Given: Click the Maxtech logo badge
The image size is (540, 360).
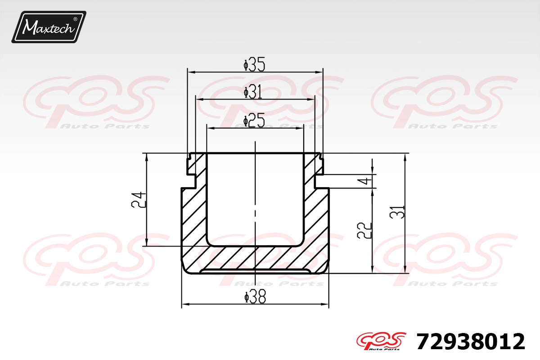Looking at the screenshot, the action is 49,27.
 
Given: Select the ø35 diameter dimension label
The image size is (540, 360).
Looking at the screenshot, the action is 254,65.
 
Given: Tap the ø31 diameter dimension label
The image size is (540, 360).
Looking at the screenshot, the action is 253,92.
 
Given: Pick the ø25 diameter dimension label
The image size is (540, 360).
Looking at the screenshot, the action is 254,120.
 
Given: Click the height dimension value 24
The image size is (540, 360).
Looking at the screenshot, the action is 139,199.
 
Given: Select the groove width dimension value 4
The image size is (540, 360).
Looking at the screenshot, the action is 367,181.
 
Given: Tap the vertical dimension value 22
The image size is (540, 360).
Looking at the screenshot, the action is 364,230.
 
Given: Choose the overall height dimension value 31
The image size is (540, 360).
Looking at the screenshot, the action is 397,212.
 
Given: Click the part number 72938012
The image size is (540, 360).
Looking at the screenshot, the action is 471,342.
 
